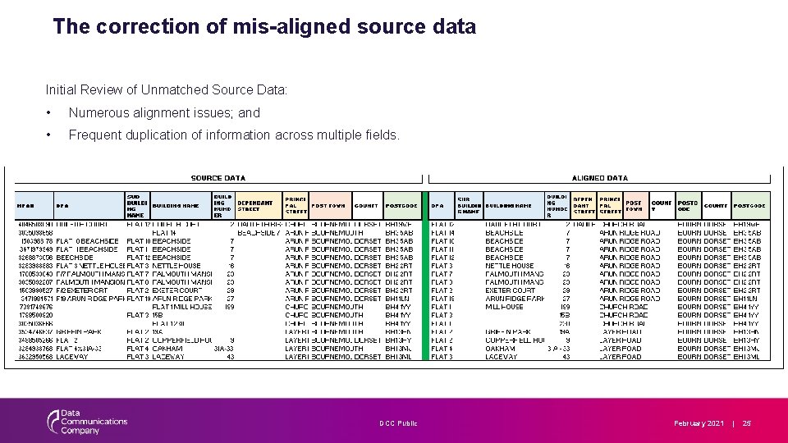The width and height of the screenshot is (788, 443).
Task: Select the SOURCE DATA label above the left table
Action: click(218, 178)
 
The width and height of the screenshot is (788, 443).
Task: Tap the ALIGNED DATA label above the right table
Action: click(600, 178)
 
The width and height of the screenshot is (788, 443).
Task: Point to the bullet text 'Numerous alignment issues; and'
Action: click(164, 113)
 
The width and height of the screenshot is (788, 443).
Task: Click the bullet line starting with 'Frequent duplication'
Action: click(234, 135)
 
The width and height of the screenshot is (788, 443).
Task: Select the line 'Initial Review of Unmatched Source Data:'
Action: click(167, 89)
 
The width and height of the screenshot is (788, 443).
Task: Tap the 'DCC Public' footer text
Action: click(398, 423)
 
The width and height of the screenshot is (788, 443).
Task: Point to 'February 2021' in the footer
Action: click(699, 423)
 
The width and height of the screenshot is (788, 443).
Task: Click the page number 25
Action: click(747, 423)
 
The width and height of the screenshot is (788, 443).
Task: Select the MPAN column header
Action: click(25, 206)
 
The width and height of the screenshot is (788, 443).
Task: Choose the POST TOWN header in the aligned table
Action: click(634, 205)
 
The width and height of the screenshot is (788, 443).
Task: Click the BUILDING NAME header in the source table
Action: click(176, 206)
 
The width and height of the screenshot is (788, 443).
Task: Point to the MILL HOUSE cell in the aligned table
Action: click(504, 307)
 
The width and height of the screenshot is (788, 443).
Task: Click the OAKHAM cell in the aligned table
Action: click(500, 349)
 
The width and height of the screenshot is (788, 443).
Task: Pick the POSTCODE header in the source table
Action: click(401, 206)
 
